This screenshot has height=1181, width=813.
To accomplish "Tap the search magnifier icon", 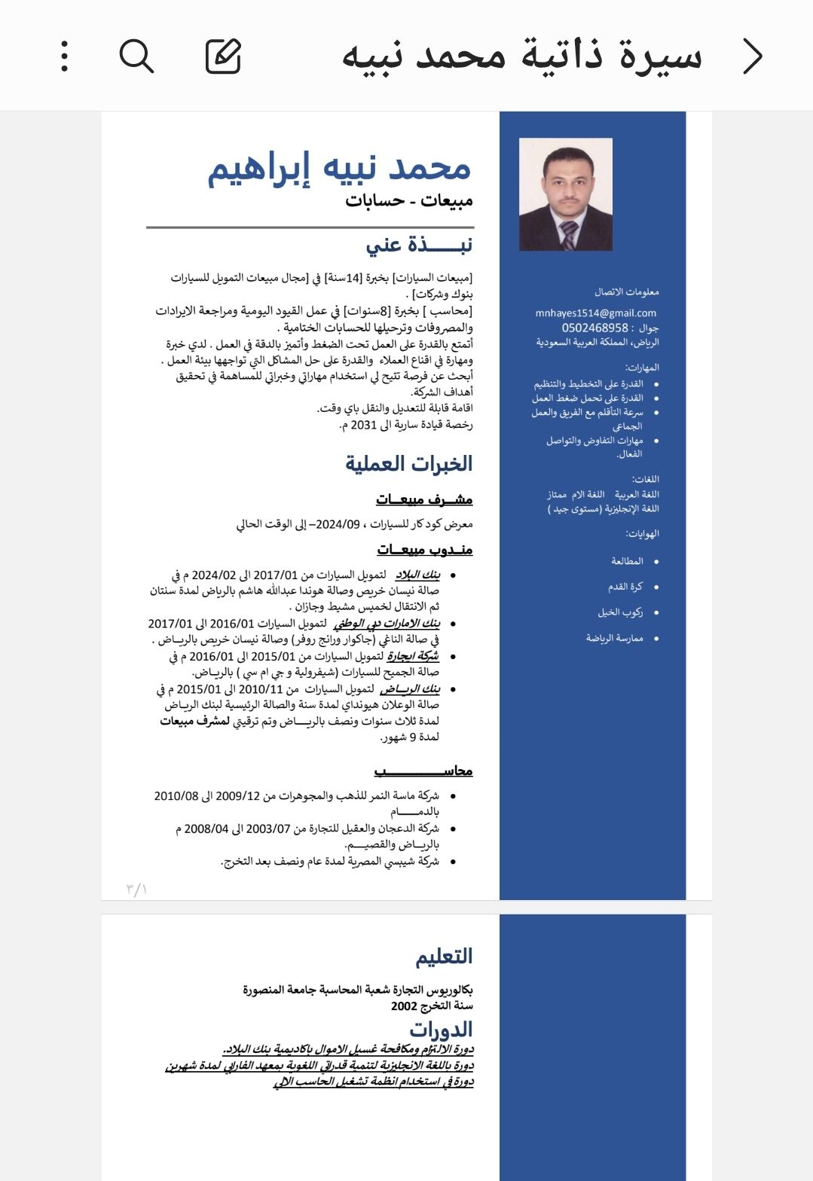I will [x=136, y=56].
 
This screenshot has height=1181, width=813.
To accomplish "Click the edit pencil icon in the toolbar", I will [x=223, y=56].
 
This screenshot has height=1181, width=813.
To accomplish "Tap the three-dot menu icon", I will [x=65, y=56].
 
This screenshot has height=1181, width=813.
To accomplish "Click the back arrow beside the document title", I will [x=752, y=56].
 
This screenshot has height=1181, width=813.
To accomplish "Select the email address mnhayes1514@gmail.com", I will [x=595, y=313].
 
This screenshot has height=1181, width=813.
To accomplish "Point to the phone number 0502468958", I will [x=594, y=328].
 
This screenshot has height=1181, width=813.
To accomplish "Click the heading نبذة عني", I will [x=419, y=245].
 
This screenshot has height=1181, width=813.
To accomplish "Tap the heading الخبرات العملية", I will [x=409, y=463].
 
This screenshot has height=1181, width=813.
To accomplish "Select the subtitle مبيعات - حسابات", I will [x=409, y=200].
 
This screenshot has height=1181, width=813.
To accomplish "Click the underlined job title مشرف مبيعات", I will [x=424, y=499].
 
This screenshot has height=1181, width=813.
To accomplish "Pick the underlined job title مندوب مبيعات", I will [x=425, y=550].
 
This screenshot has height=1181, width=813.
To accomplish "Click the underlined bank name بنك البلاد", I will [x=417, y=575].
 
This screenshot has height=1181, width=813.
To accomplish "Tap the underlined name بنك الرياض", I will [x=410, y=689].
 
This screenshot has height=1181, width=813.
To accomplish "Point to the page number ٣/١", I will [x=136, y=890].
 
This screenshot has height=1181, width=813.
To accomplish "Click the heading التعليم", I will [x=444, y=957].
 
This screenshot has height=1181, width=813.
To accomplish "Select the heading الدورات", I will [x=441, y=1029].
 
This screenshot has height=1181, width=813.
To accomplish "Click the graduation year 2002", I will [x=404, y=1006].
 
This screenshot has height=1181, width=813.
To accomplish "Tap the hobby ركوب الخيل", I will [x=620, y=612].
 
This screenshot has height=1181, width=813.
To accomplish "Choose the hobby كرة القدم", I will [x=625, y=587].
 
